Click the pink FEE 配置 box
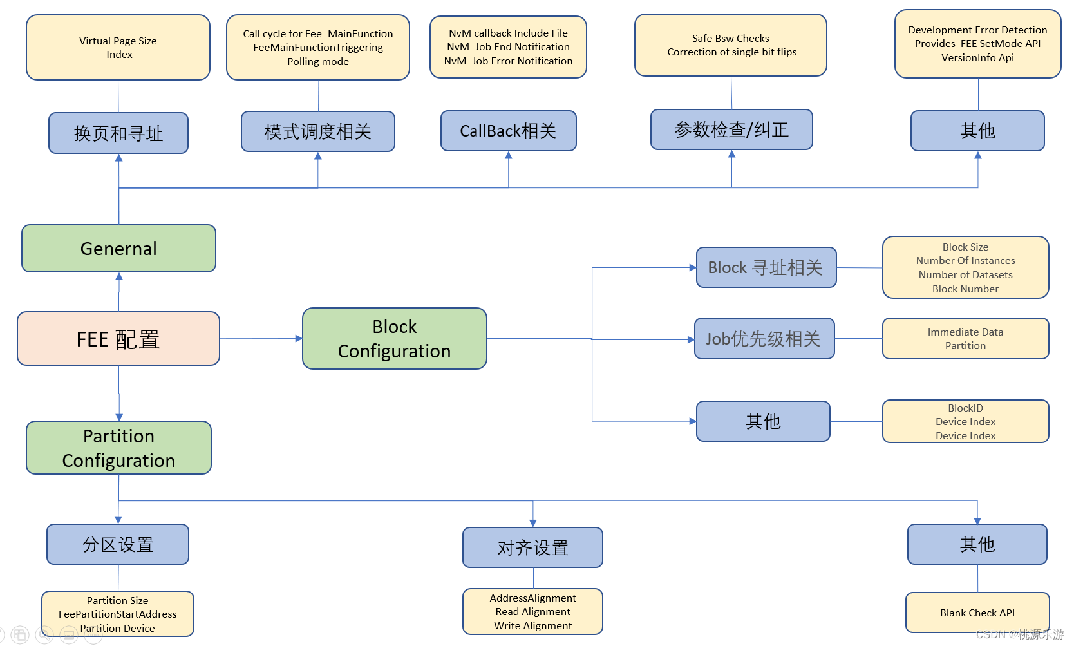pos(118,339)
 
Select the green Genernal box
pos(118,249)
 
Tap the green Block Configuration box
pos(394,339)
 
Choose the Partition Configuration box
pos(118,448)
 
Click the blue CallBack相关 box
pos(508,131)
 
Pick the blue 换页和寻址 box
pos(118,133)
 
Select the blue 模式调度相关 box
pos(317,131)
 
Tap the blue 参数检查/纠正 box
pos(731,129)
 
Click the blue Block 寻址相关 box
pos(766,267)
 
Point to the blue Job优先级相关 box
pos(764,339)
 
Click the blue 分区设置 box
pos(118,544)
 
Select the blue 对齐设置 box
pos(532,547)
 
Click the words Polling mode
pos(318,62)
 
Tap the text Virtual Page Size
pos(118,41)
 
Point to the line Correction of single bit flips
pos(731,52)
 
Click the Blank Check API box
pos(977,613)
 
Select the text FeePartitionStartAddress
pos(117,614)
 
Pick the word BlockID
pos(965,408)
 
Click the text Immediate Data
pos(965,332)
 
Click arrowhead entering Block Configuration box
pos(299,339)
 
